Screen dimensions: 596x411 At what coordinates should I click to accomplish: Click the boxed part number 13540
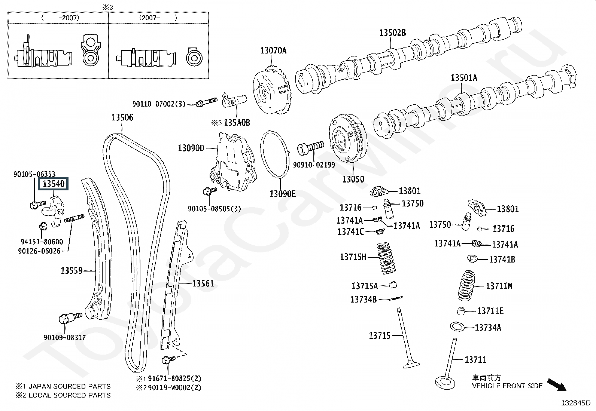coord(53,184)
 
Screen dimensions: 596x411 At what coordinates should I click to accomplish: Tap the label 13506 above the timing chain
coord(122,117)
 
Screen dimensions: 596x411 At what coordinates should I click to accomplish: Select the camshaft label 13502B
coord(392,33)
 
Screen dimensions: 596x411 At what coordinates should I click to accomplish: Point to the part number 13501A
coord(464,78)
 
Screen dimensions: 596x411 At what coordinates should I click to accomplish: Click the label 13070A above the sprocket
coord(273,50)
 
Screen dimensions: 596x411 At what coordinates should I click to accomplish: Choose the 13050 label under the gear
coord(353,179)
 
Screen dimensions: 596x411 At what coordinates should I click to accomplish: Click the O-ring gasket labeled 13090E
coord(275,154)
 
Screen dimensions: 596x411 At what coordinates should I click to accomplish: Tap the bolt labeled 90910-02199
coord(310,148)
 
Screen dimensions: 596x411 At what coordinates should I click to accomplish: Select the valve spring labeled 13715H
coord(387,258)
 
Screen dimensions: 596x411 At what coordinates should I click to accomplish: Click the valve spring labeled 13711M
coord(467,285)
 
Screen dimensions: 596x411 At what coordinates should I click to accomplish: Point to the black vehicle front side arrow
coord(557,385)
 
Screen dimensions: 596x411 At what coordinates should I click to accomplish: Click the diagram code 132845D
coord(575,403)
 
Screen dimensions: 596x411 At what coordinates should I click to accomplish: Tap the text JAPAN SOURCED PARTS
coord(69,386)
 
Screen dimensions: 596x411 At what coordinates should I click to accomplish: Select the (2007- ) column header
coord(158,18)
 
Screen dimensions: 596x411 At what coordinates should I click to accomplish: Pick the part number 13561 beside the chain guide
coord(203,283)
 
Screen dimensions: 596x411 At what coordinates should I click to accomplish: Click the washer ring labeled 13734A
coord(457,327)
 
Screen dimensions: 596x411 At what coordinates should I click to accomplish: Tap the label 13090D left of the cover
coord(191,148)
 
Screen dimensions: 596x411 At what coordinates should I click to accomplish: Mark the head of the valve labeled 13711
coord(445,383)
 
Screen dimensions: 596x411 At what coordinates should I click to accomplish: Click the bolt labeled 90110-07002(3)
coord(207,102)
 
